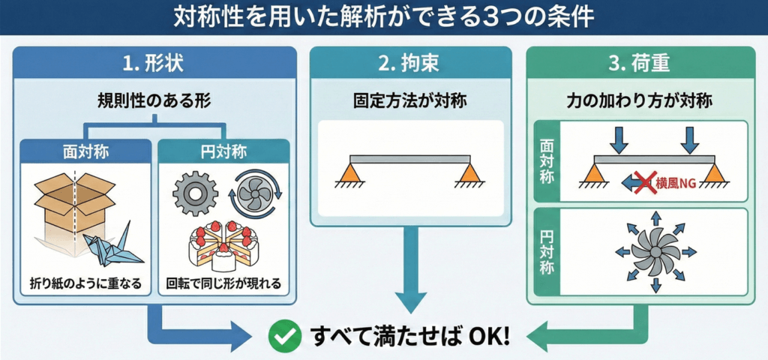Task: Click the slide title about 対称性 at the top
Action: (x=384, y=16)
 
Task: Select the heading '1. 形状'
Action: (x=154, y=64)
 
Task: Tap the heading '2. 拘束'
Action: (x=410, y=64)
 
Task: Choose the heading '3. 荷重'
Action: (x=640, y=64)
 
